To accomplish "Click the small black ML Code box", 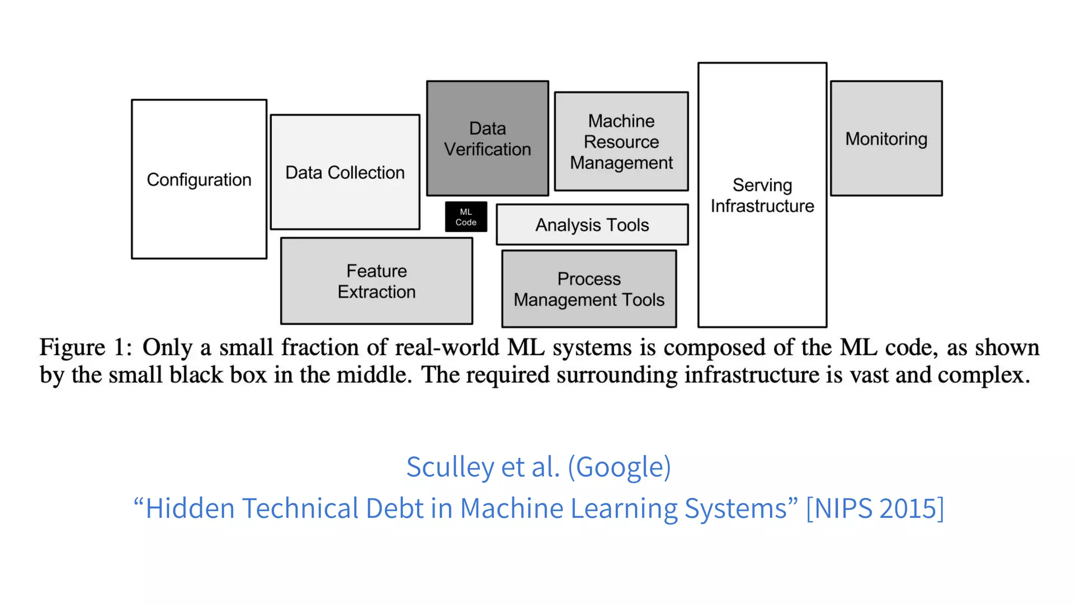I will coord(466,217).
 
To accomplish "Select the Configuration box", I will coord(199,179).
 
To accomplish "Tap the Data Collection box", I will coord(345,172).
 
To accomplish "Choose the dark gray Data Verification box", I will coord(488,139).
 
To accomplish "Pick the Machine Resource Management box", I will coord(622,142).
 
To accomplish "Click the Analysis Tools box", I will coord(592,225).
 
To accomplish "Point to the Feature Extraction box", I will coord(377,281).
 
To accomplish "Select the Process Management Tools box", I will coord(589,289).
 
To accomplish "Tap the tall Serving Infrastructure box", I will coord(762,195).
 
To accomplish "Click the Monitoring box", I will coord(886,139).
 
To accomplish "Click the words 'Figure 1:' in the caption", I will coord(86,348).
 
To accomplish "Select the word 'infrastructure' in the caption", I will coord(749,375).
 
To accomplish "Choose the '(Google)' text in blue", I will coord(619,466).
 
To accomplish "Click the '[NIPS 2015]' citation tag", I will coord(875,508).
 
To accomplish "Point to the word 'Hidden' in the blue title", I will coord(190,508).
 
